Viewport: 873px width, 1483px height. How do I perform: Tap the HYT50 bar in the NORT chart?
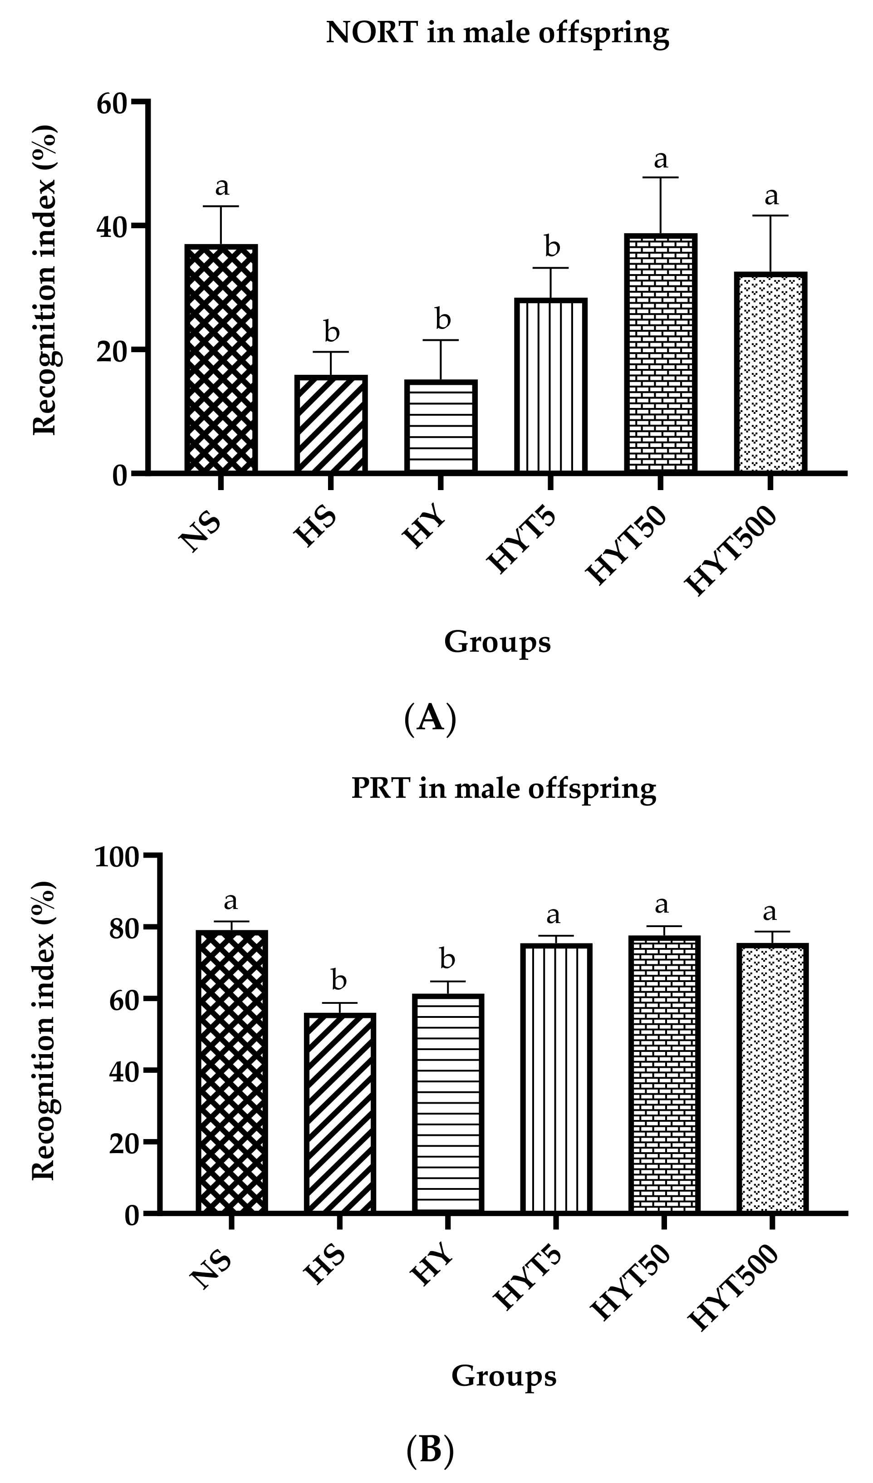661,353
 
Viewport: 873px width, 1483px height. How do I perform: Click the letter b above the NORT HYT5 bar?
552,246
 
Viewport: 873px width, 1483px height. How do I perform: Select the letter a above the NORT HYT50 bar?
661,159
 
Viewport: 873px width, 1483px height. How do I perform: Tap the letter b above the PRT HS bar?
339,981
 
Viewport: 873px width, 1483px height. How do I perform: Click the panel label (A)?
431,718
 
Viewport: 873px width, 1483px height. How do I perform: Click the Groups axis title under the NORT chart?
497,642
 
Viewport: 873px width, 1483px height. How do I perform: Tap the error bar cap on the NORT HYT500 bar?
770,216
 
